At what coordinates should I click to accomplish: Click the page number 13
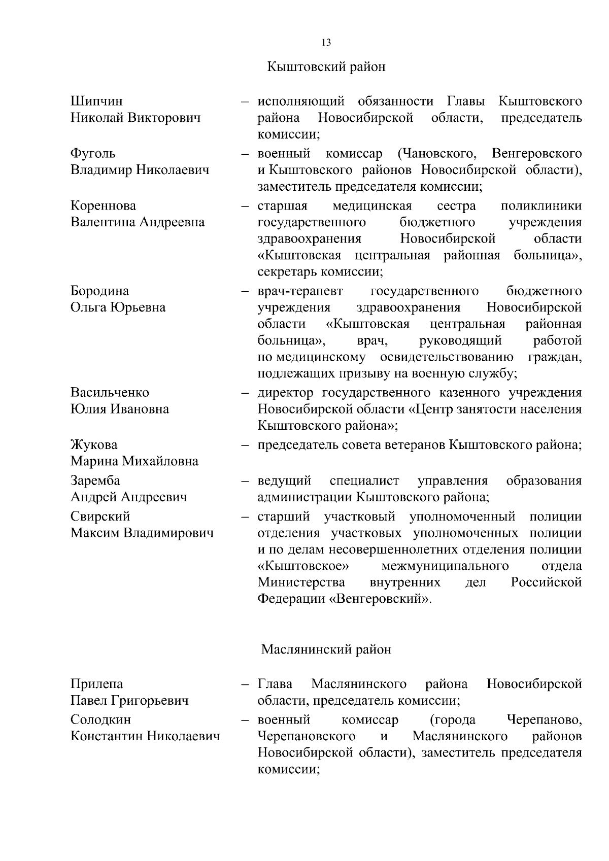(x=326, y=43)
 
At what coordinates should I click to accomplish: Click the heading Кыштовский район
(x=326, y=67)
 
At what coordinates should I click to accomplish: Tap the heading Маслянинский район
(x=326, y=649)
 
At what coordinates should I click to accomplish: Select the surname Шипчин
(x=96, y=101)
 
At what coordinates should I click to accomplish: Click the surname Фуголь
(x=93, y=153)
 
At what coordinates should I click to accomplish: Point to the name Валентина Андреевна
(x=138, y=222)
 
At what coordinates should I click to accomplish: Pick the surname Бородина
(x=99, y=291)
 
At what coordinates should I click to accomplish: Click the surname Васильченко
(x=110, y=393)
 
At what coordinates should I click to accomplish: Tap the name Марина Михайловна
(x=134, y=461)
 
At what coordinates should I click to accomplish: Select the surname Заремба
(x=95, y=480)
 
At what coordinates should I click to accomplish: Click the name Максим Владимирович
(x=142, y=533)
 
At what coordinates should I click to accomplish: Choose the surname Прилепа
(x=96, y=684)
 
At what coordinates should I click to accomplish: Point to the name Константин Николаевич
(x=145, y=736)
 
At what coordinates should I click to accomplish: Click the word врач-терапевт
(x=300, y=291)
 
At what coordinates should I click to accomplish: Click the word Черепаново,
(x=544, y=720)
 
